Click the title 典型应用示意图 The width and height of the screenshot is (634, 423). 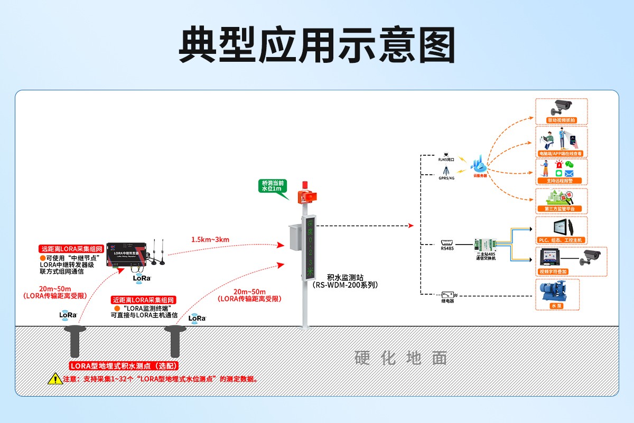point(316,45)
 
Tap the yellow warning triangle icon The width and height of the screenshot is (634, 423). point(55,379)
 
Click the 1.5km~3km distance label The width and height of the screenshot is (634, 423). point(210,240)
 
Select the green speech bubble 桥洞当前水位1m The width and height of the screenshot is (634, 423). point(273,186)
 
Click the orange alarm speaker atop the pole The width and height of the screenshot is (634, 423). point(306,195)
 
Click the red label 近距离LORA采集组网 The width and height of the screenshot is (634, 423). point(142,299)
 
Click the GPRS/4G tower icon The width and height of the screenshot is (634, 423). point(446,171)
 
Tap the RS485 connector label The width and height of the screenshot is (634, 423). point(446,247)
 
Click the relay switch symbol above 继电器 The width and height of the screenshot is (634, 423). point(448,294)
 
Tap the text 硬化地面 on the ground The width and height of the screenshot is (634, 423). point(401,358)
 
